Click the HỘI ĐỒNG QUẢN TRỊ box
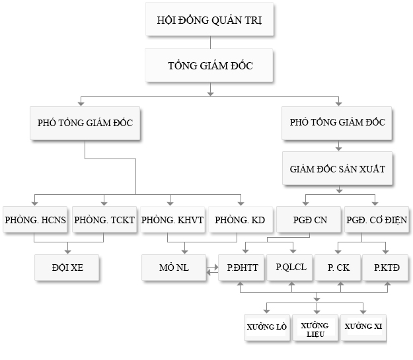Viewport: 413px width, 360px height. click(x=209, y=20)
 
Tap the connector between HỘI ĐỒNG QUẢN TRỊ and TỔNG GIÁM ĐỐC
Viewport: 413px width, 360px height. click(x=209, y=43)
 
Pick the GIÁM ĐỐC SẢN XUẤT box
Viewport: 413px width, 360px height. click(x=338, y=169)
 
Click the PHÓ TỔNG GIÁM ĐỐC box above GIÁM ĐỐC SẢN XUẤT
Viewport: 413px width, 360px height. click(x=338, y=122)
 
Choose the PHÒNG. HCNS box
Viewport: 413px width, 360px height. click(x=34, y=220)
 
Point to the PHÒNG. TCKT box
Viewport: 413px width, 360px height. click(x=104, y=220)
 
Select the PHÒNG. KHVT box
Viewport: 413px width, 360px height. click(x=172, y=220)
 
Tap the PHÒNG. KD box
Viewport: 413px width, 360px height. click(x=240, y=220)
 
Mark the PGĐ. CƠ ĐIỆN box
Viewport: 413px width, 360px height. click(x=376, y=220)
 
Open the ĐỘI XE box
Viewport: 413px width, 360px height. click(x=68, y=268)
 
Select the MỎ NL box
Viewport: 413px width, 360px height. click(x=174, y=268)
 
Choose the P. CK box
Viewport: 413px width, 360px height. click(x=338, y=268)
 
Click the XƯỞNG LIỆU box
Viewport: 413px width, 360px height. click(x=315, y=328)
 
